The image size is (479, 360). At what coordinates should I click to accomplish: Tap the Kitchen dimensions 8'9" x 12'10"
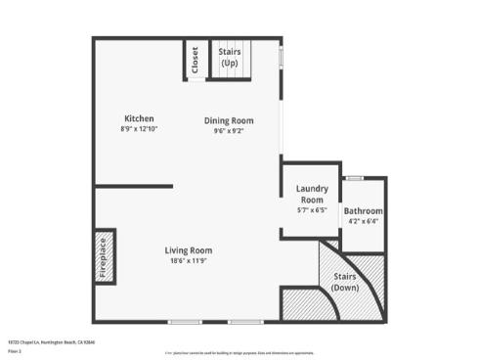139,128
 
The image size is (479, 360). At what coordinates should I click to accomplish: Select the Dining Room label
229,120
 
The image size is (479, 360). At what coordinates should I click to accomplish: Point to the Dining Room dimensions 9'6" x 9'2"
229,131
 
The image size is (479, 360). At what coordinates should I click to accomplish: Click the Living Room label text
189,250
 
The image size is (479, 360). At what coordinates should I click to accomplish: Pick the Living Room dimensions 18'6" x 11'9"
189,261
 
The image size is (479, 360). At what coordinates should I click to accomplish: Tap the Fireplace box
104,257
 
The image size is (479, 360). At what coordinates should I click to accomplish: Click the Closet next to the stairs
195,61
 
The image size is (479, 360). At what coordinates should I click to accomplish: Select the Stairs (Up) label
230,57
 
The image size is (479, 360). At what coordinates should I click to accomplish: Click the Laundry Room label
312,193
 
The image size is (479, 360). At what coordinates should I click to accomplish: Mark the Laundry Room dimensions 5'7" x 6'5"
312,209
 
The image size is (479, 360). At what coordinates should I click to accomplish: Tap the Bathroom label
363,211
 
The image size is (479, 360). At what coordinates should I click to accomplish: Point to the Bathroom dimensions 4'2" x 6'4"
363,222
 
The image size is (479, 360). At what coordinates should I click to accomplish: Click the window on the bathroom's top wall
354,178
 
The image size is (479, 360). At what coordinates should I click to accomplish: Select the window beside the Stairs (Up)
282,57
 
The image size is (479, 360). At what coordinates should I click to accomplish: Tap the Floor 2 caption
14,349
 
